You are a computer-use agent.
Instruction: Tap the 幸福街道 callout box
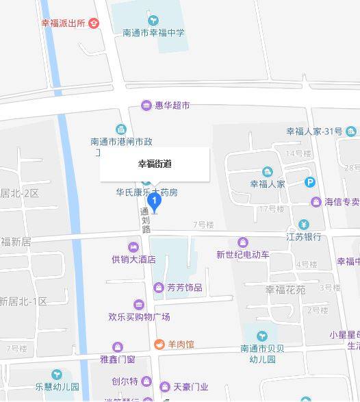155,164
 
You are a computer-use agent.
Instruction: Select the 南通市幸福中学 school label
153,32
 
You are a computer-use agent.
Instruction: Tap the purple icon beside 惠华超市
146,105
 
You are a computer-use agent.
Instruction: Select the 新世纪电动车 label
243,255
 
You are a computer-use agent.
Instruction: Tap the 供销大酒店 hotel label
133,259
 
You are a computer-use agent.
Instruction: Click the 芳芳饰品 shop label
184,288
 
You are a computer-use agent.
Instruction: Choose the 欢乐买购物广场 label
139,316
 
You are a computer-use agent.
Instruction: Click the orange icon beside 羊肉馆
159,344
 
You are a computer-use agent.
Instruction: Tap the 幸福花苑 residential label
285,289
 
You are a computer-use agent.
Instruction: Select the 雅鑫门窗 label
117,359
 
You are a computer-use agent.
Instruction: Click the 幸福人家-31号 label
314,131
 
